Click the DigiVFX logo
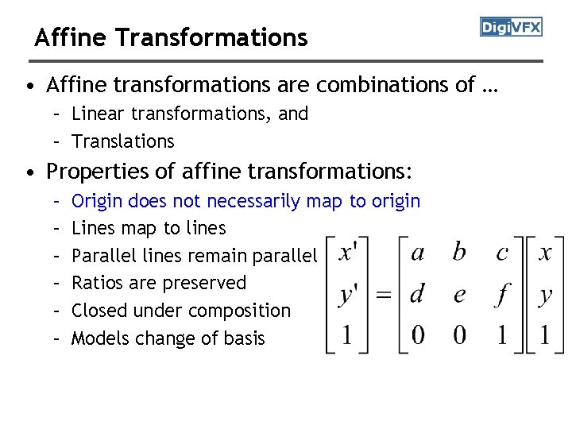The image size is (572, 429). [x=511, y=28]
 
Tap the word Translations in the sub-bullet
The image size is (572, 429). [x=123, y=141]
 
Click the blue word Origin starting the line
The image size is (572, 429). [x=97, y=201]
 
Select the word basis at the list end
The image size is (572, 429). [x=245, y=338]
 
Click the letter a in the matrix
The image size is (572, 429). [x=418, y=253]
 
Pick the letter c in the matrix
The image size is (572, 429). [x=501, y=253]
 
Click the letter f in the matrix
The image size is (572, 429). [x=501, y=294]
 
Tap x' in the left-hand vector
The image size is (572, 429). [x=347, y=253]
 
